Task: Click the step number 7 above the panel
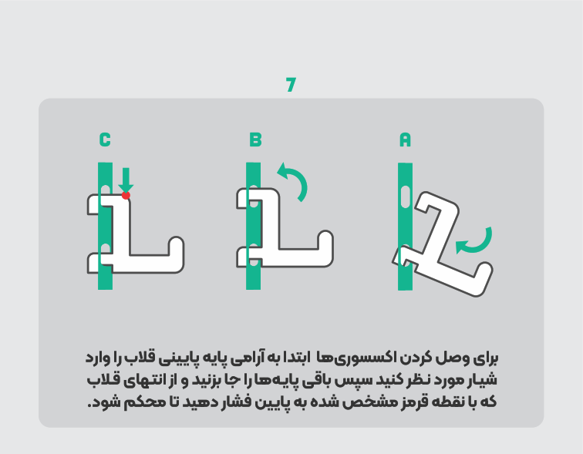click(291, 84)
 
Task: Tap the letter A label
click(405, 140)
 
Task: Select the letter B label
click(255, 140)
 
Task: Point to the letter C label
click(105, 140)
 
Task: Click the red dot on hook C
click(126, 195)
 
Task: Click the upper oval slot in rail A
click(406, 196)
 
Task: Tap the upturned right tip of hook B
click(325, 237)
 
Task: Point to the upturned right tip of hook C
click(177, 244)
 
